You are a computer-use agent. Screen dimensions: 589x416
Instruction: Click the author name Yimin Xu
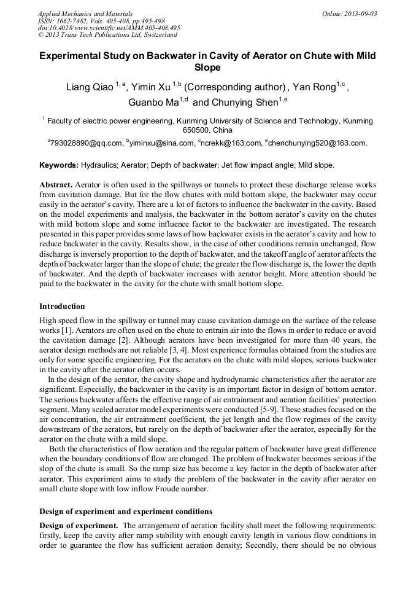pos(152,87)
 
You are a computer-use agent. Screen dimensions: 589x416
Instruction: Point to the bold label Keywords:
pos(59,165)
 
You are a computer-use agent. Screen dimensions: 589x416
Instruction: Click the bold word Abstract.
pos(56,185)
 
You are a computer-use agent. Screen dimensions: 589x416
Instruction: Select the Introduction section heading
pos(62,306)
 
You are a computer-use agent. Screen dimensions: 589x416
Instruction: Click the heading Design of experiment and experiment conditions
pos(126,511)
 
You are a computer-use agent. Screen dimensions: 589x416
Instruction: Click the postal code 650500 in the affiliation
pos(196,131)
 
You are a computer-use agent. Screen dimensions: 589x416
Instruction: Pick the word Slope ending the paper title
pos(207,68)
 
